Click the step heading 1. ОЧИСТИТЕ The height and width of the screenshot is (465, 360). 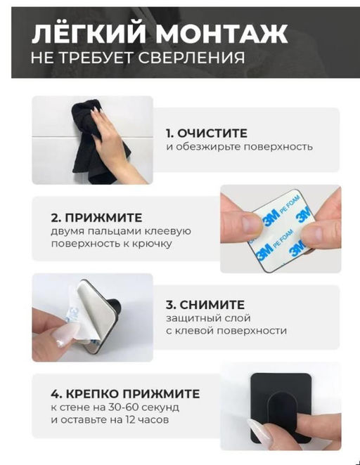tap(207, 133)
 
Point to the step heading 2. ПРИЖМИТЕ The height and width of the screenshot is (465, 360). tap(96, 217)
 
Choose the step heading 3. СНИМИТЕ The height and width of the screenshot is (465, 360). tap(205, 305)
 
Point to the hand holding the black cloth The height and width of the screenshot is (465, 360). tap(112, 144)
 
